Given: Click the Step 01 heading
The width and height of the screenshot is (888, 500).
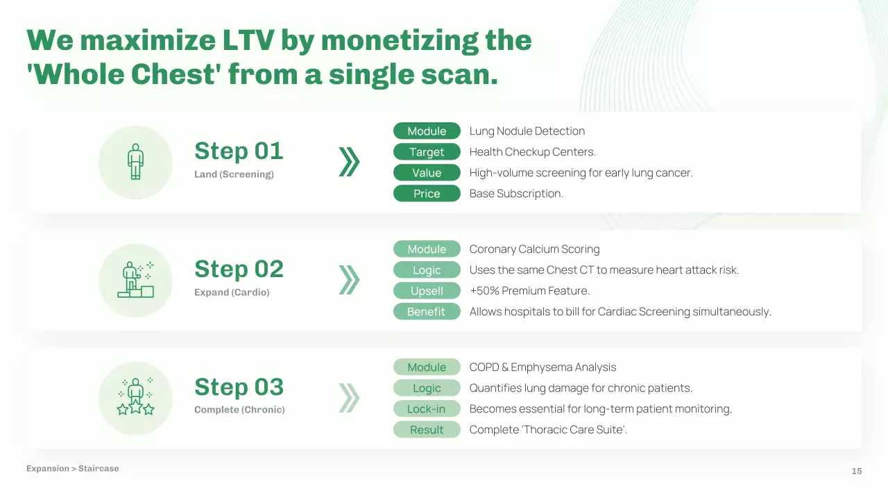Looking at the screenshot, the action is (239, 151).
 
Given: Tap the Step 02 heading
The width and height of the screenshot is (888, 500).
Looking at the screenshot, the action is (239, 269).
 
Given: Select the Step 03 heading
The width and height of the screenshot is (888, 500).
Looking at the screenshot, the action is (239, 387).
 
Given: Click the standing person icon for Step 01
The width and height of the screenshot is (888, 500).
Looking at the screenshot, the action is (135, 162).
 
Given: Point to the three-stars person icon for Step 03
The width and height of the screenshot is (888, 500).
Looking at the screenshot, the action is (135, 397).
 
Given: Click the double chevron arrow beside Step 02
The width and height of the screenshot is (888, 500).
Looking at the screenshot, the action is (349, 280).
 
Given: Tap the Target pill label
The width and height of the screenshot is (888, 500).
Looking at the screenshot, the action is (427, 152).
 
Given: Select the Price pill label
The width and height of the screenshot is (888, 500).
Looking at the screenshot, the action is (427, 194).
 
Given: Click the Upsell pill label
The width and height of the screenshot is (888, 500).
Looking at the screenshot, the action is (427, 291).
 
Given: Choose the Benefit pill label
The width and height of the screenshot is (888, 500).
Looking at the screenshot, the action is (427, 312).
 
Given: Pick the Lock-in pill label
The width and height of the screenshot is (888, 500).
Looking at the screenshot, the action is (427, 409).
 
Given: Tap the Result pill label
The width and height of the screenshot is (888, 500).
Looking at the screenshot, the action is (427, 430).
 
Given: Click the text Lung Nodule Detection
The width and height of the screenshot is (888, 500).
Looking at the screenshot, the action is (527, 131).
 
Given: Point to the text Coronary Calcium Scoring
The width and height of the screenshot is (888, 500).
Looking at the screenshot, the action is (534, 249).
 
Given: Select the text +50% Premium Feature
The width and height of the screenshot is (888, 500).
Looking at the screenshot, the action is (529, 291).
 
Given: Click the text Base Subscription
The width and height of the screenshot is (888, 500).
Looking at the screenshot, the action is (516, 194).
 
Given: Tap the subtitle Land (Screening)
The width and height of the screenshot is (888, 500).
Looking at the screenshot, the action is (234, 174).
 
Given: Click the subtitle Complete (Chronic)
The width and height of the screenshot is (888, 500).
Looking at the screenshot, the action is (239, 410).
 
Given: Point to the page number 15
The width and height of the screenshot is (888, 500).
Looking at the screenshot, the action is (857, 471).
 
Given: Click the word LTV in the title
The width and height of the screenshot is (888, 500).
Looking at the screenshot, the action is (248, 40).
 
